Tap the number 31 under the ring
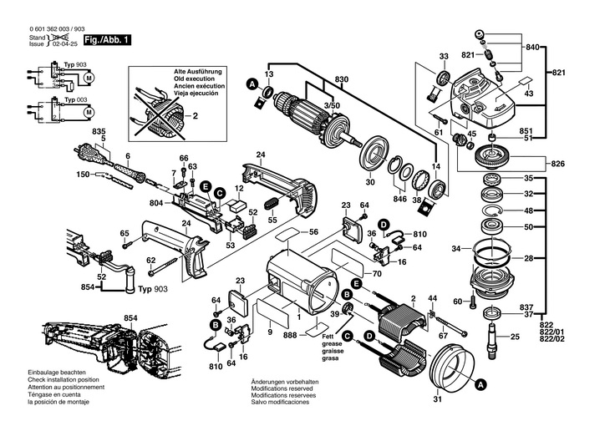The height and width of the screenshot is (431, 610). (438, 398)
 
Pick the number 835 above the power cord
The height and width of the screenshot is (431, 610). (99, 133)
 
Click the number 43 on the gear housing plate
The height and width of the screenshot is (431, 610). (528, 94)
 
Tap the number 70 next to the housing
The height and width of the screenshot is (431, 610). (377, 273)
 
